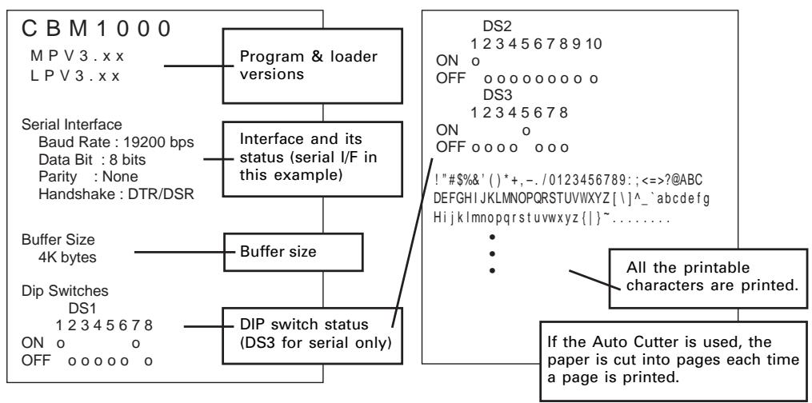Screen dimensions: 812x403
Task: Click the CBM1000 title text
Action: [96, 29]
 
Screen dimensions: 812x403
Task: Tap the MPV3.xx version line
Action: [77, 55]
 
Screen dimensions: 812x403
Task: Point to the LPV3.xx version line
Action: [75, 76]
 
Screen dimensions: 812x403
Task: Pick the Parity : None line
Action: [88, 177]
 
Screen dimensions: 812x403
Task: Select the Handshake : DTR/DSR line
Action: [116, 194]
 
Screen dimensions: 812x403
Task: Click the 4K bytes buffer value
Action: [67, 257]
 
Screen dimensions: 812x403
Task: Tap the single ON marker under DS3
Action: [526, 131]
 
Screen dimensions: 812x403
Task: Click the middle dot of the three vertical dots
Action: [492, 253]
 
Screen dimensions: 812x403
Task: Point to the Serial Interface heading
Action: [72, 125]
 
